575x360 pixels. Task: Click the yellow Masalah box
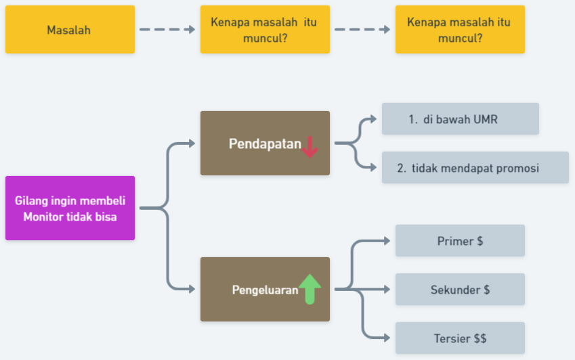point(70,29)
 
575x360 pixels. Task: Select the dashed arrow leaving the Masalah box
point(167,29)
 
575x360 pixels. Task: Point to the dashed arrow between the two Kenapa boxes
point(362,29)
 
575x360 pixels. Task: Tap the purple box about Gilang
point(70,208)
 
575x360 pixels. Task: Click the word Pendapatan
point(265,143)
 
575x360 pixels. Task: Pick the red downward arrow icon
point(310,147)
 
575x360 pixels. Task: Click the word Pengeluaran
point(265,290)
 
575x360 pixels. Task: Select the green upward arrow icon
point(310,290)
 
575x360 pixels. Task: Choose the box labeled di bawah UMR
point(461,118)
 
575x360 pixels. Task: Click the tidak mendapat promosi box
point(475,167)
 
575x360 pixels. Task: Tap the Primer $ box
point(460,241)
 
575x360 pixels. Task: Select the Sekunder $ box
point(460,290)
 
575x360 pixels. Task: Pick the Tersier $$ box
point(460,338)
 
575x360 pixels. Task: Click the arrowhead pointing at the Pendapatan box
point(192,143)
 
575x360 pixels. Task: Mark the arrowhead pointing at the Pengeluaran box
point(192,290)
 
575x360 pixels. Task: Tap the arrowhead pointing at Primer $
point(387,241)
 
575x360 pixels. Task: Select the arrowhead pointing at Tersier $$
point(387,338)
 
